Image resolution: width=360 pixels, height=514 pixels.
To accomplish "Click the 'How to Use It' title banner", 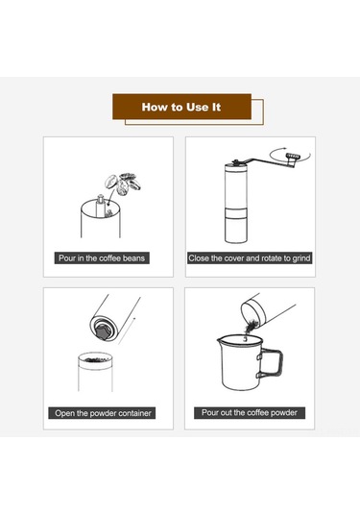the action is point(181,107).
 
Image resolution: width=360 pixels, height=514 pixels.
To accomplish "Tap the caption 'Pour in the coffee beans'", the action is point(102,258).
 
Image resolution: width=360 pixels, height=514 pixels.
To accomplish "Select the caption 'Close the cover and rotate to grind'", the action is point(250,258).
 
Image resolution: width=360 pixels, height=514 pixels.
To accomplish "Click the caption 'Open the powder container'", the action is point(103,413).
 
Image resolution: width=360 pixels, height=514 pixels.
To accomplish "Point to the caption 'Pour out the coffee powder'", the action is point(250,413).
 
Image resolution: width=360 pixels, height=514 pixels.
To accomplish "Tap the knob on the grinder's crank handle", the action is point(292,157).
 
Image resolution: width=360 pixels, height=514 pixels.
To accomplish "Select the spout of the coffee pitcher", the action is point(219,340).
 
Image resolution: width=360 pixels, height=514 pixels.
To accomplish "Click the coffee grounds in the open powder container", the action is point(95,360).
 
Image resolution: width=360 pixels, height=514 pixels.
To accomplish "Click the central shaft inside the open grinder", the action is point(100,206).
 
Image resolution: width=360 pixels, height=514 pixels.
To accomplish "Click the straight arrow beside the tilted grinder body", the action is point(127,330).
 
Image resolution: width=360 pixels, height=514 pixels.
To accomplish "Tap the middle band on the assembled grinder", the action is point(236,213).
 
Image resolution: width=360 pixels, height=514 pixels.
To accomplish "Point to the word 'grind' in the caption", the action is point(301,258).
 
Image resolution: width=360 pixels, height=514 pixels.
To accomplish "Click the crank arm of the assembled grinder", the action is point(264,161).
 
